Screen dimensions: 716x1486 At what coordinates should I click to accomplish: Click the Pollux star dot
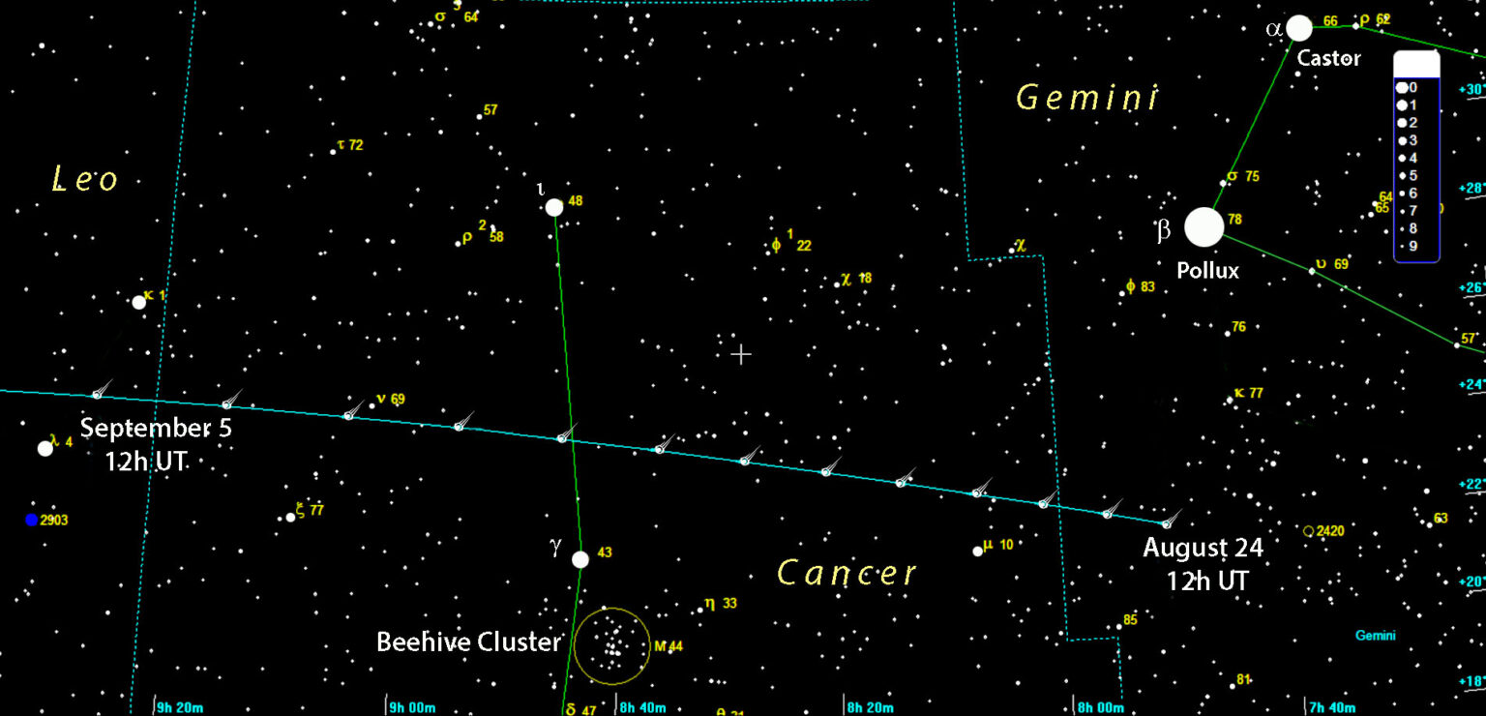[x=1204, y=227]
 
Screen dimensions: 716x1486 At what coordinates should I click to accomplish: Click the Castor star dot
[x=1299, y=28]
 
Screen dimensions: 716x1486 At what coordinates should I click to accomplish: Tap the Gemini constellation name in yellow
[x=1087, y=98]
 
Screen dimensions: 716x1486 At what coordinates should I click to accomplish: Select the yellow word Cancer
[x=847, y=573]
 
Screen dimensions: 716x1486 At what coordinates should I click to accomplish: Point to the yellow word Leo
[x=85, y=179]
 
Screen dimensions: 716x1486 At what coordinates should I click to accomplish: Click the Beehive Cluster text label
[x=468, y=641]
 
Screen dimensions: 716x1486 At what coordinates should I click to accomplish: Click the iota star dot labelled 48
[x=554, y=207]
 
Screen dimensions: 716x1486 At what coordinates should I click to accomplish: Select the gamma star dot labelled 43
[x=580, y=559]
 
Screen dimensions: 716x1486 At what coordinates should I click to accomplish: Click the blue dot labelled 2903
[x=32, y=520]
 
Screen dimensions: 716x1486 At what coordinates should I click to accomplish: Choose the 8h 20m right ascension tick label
[x=870, y=707]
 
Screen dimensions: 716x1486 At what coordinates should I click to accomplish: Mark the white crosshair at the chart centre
[x=741, y=354]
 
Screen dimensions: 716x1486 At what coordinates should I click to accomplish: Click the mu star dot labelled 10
[x=978, y=552]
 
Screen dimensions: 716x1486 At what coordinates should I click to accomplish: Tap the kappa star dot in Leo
[x=139, y=302]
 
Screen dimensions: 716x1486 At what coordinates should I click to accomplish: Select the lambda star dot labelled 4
[x=45, y=448]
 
